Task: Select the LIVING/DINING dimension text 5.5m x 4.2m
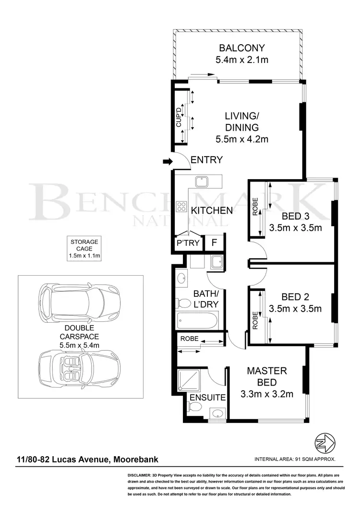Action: (242, 140)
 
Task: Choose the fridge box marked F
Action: (214, 243)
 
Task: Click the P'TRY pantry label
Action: (188, 243)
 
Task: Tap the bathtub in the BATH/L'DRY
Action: (197, 319)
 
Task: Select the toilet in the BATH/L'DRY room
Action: (183, 303)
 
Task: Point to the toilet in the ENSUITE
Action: (195, 407)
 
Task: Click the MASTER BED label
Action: (267, 376)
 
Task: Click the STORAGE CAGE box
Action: (84, 249)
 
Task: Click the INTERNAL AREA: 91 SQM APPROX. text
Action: (295, 459)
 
